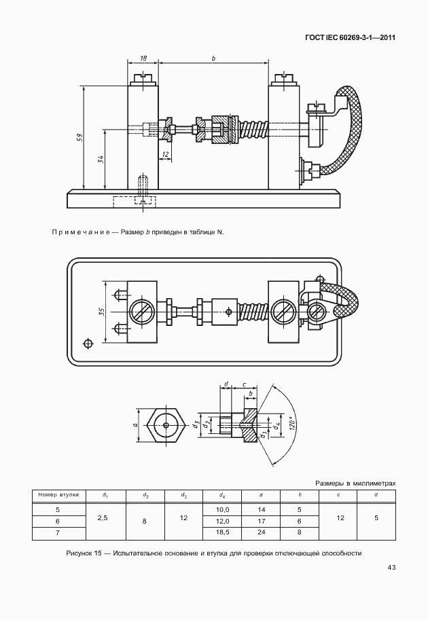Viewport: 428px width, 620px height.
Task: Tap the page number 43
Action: point(391,568)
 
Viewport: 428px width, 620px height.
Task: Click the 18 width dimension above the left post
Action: point(143,60)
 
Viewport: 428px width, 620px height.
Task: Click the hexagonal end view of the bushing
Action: point(166,425)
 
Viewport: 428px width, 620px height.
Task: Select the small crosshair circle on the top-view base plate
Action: point(86,342)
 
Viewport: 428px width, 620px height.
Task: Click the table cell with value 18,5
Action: point(223,532)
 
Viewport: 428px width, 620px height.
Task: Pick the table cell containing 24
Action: point(262,532)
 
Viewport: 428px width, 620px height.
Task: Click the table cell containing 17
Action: point(262,521)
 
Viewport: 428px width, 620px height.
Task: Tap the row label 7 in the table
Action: point(58,532)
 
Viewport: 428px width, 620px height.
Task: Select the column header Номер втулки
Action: point(58,495)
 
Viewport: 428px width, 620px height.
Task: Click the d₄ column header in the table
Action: point(223,495)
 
